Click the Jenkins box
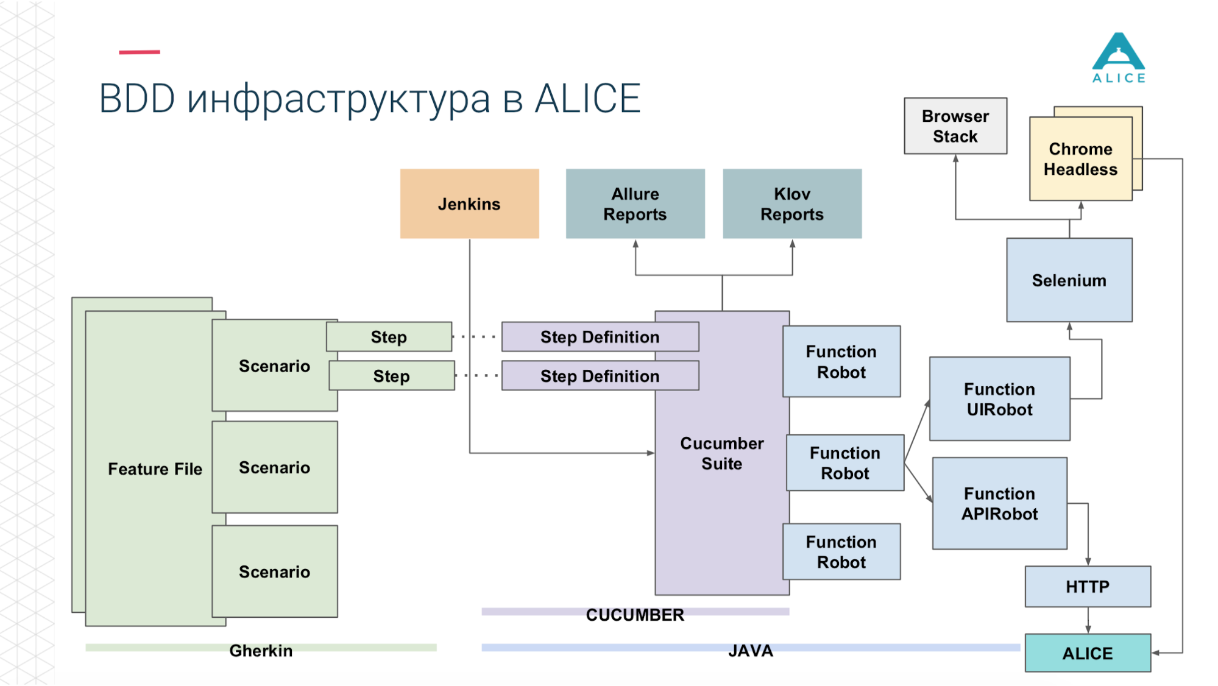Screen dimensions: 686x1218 (x=469, y=203)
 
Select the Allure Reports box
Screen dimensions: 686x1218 (x=635, y=203)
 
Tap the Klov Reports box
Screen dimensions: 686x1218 (x=792, y=203)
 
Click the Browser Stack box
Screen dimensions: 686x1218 (x=955, y=126)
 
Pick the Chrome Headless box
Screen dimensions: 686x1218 (x=1080, y=159)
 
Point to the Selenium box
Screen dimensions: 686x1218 (x=1069, y=280)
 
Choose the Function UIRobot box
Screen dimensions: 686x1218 (x=999, y=399)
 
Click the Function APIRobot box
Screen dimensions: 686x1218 (x=999, y=503)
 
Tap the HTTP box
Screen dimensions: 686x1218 (x=1088, y=587)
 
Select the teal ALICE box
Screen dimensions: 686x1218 (x=1088, y=653)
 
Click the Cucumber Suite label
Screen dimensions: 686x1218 (x=721, y=453)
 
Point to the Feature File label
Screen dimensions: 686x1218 (x=155, y=469)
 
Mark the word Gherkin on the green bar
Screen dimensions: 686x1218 (x=261, y=651)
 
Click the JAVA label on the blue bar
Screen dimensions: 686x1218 (x=751, y=651)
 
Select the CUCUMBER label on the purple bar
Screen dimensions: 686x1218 (x=635, y=615)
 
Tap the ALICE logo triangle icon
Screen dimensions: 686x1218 (x=1119, y=52)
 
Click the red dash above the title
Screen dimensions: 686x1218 (x=139, y=52)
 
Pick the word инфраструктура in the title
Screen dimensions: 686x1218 (x=338, y=99)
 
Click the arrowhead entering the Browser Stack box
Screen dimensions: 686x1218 (x=955, y=158)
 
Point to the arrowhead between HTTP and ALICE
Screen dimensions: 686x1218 (x=1088, y=629)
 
